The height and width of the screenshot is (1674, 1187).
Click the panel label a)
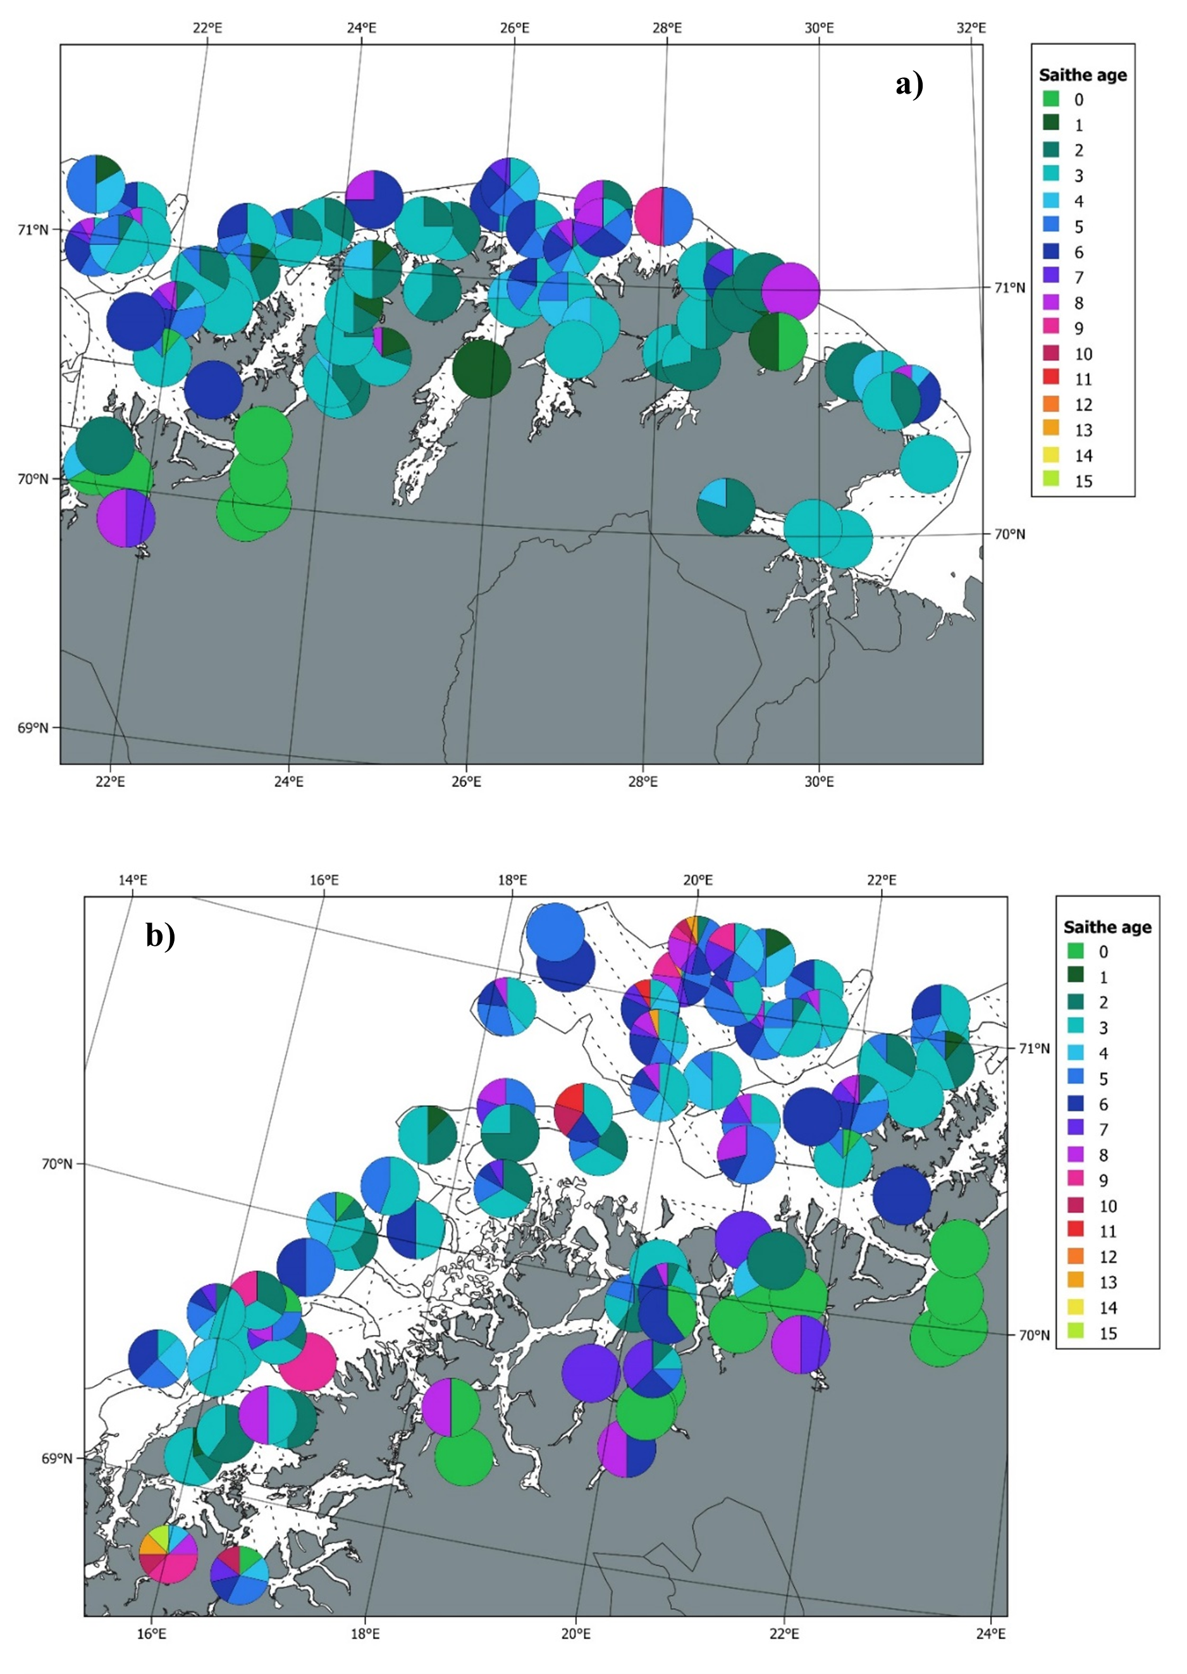click(909, 85)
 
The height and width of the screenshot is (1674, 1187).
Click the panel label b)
click(160, 935)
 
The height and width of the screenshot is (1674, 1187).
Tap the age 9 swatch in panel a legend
click(1050, 328)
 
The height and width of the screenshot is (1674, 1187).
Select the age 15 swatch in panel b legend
click(1075, 1332)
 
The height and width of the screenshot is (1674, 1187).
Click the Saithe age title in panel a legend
click(1083, 75)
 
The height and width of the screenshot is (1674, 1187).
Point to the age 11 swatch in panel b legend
click(1075, 1231)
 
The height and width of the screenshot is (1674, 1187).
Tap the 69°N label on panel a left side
click(34, 728)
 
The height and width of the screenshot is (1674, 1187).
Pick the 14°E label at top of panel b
click(132, 879)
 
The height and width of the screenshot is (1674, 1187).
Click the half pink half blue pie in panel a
click(663, 216)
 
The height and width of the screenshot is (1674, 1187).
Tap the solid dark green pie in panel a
click(482, 368)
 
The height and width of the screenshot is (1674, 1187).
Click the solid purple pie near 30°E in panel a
click(791, 291)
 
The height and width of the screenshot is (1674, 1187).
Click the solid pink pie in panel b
click(308, 1362)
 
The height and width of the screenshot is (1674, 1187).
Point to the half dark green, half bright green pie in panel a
click(778, 342)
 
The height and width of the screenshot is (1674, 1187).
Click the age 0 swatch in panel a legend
click(1050, 99)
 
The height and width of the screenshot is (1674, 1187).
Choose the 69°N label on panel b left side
click(58, 1458)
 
